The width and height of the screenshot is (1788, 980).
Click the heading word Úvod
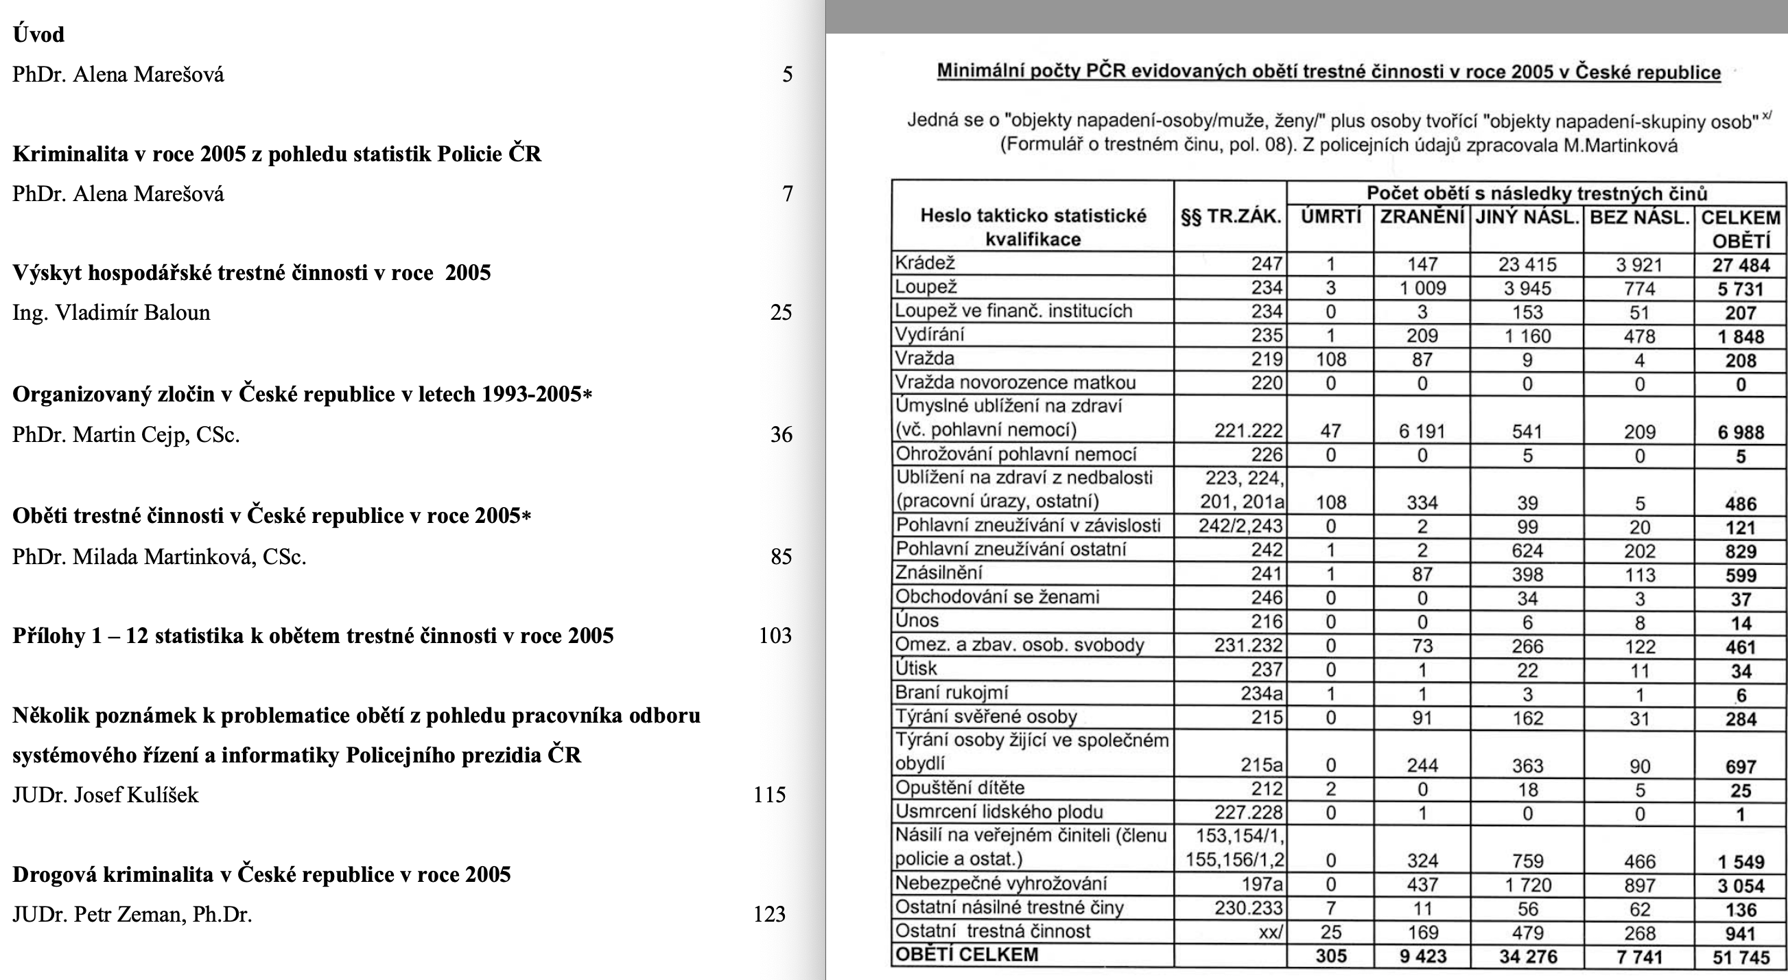[38, 34]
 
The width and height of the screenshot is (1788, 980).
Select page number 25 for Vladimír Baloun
[781, 312]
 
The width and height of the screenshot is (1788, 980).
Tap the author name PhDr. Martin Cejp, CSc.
[126, 434]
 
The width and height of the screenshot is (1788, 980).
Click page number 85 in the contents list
[781, 557]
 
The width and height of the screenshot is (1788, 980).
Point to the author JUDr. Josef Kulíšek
[106, 795]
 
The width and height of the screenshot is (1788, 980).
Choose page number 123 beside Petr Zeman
[769, 914]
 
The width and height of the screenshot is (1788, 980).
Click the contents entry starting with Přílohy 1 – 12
[313, 635]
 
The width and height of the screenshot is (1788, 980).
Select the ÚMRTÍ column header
[1330, 218]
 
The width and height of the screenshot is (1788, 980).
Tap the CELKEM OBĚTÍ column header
[1740, 229]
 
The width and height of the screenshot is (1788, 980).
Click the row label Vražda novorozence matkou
[1015, 382]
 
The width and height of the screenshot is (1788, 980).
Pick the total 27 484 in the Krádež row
[1740, 265]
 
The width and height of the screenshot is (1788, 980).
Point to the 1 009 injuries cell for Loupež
[1422, 288]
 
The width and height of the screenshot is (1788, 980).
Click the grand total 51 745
[1740, 957]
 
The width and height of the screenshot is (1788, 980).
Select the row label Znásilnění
[939, 573]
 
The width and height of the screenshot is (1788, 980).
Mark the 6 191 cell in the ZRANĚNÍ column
[1422, 432]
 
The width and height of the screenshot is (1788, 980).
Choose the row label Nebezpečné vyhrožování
[1001, 883]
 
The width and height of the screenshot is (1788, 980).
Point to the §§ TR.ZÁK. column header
[1230, 218]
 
